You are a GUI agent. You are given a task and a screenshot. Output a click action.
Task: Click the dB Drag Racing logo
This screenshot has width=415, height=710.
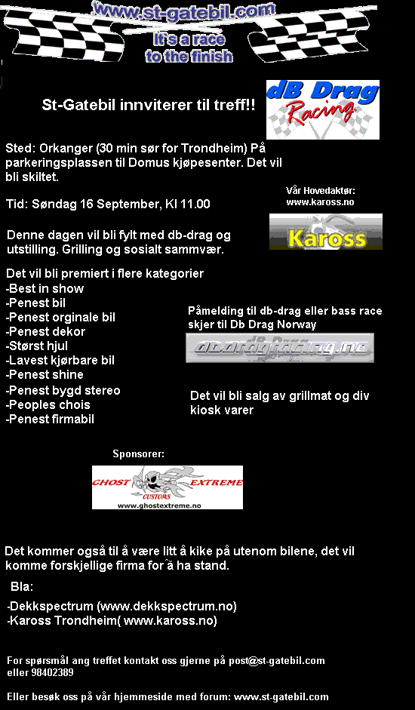click(x=322, y=109)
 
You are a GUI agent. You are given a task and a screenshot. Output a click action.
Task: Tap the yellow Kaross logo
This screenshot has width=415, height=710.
click(x=326, y=232)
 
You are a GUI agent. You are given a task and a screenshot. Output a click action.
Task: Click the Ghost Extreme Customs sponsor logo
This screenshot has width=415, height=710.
click(x=168, y=487)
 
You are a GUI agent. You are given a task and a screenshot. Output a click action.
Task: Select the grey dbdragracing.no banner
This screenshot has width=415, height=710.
click(x=280, y=348)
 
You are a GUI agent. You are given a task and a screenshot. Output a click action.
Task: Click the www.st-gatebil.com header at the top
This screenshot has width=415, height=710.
click(x=183, y=11)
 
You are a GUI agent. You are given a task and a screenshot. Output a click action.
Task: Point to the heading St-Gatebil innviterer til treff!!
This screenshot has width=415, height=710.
click(x=148, y=106)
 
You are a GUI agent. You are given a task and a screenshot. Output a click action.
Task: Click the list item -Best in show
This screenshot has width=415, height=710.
click(x=45, y=288)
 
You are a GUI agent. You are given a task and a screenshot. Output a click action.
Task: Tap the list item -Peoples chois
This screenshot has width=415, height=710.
click(x=48, y=404)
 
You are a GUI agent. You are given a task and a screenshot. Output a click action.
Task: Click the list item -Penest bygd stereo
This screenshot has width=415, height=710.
click(x=63, y=390)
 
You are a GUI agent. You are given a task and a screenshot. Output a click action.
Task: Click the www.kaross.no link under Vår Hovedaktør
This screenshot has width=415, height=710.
click(x=320, y=202)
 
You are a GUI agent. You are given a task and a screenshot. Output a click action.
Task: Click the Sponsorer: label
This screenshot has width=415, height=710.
click(x=138, y=453)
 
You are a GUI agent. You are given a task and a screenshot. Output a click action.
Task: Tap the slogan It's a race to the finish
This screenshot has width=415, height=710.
click(x=189, y=47)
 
